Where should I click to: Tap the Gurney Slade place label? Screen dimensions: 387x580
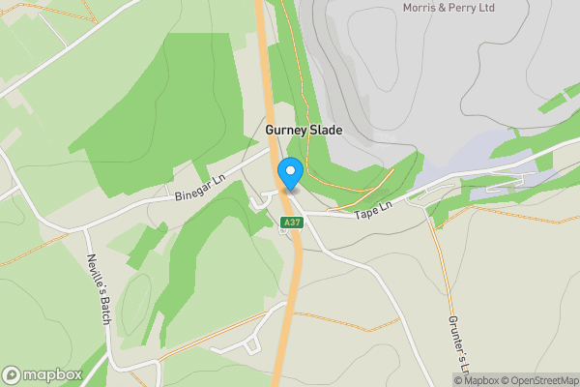[304, 130]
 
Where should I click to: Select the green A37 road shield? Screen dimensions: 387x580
[291, 223]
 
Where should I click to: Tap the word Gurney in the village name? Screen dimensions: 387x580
[285, 130]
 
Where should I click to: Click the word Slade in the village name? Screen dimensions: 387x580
[325, 130]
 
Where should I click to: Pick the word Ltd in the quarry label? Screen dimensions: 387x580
[513, 8]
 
